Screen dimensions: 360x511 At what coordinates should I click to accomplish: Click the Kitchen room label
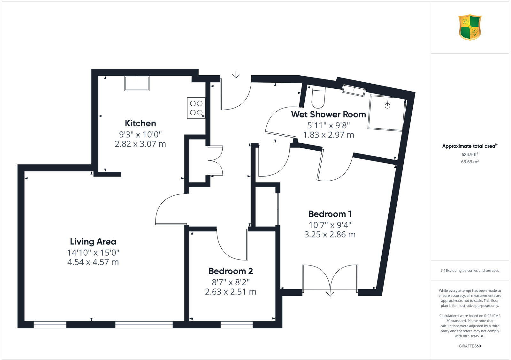coord(140,123)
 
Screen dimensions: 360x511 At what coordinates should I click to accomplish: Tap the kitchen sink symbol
coord(137,83)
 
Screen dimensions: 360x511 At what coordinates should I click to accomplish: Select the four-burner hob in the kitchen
coord(196,108)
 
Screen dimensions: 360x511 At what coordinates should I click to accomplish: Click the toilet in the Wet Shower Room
coord(318,97)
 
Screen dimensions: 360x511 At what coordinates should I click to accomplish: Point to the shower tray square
coord(387,112)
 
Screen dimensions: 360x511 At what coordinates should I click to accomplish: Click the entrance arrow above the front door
coord(236,75)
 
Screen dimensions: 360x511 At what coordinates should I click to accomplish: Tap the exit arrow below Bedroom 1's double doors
coord(330,293)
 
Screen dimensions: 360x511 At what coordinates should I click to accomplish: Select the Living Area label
coord(93,242)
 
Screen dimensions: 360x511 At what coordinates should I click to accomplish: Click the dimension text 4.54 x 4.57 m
coord(93,262)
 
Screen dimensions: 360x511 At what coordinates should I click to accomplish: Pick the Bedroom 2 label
coord(231,271)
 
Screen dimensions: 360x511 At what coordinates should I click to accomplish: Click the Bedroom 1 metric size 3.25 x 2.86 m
coord(330,235)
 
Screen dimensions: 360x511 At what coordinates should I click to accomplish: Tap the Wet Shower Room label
coord(328,114)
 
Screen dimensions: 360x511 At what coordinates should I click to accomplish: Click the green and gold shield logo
coord(470,27)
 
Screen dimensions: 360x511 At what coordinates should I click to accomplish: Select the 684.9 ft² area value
coord(469,154)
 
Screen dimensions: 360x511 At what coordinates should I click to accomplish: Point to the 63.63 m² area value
coord(469,162)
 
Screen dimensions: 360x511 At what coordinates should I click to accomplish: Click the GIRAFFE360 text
coord(469,346)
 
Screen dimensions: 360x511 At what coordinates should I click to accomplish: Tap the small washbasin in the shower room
coord(353,90)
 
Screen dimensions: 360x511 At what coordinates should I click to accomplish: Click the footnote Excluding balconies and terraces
coord(470,271)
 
